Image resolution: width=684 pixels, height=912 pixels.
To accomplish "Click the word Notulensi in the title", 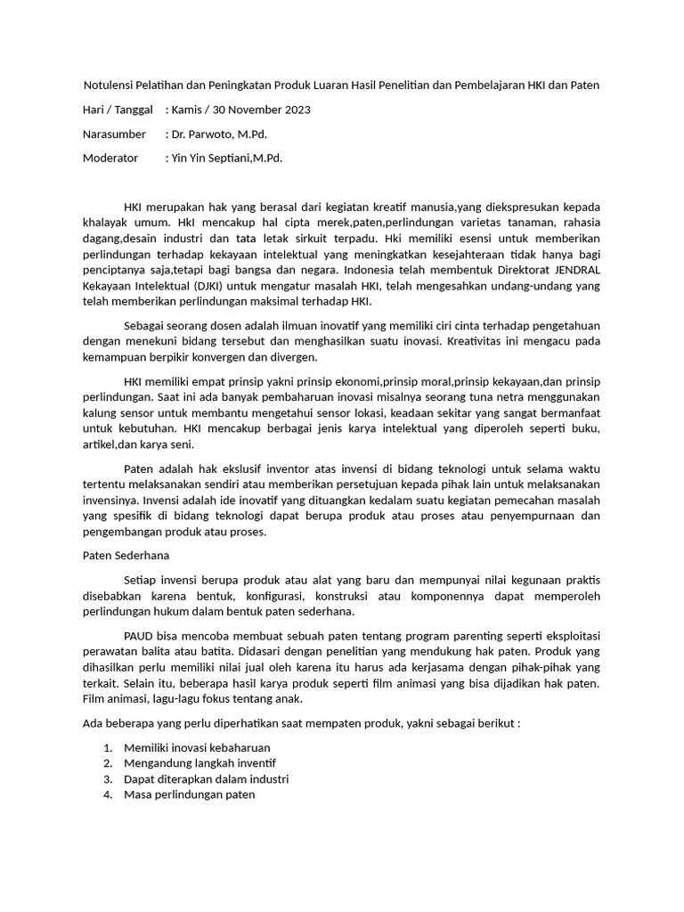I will click(111, 85).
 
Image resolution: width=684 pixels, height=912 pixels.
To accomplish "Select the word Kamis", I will click(190, 110).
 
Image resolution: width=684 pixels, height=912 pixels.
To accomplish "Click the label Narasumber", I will click(114, 134).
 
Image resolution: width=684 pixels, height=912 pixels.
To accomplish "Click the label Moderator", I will click(110, 158).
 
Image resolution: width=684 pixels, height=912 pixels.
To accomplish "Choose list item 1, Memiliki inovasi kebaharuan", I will click(197, 747).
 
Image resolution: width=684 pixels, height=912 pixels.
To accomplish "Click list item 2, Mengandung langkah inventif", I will click(200, 763).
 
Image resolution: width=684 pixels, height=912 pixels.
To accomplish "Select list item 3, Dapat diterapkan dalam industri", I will click(206, 779).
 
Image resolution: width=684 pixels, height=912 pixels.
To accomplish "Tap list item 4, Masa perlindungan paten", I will click(190, 795).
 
